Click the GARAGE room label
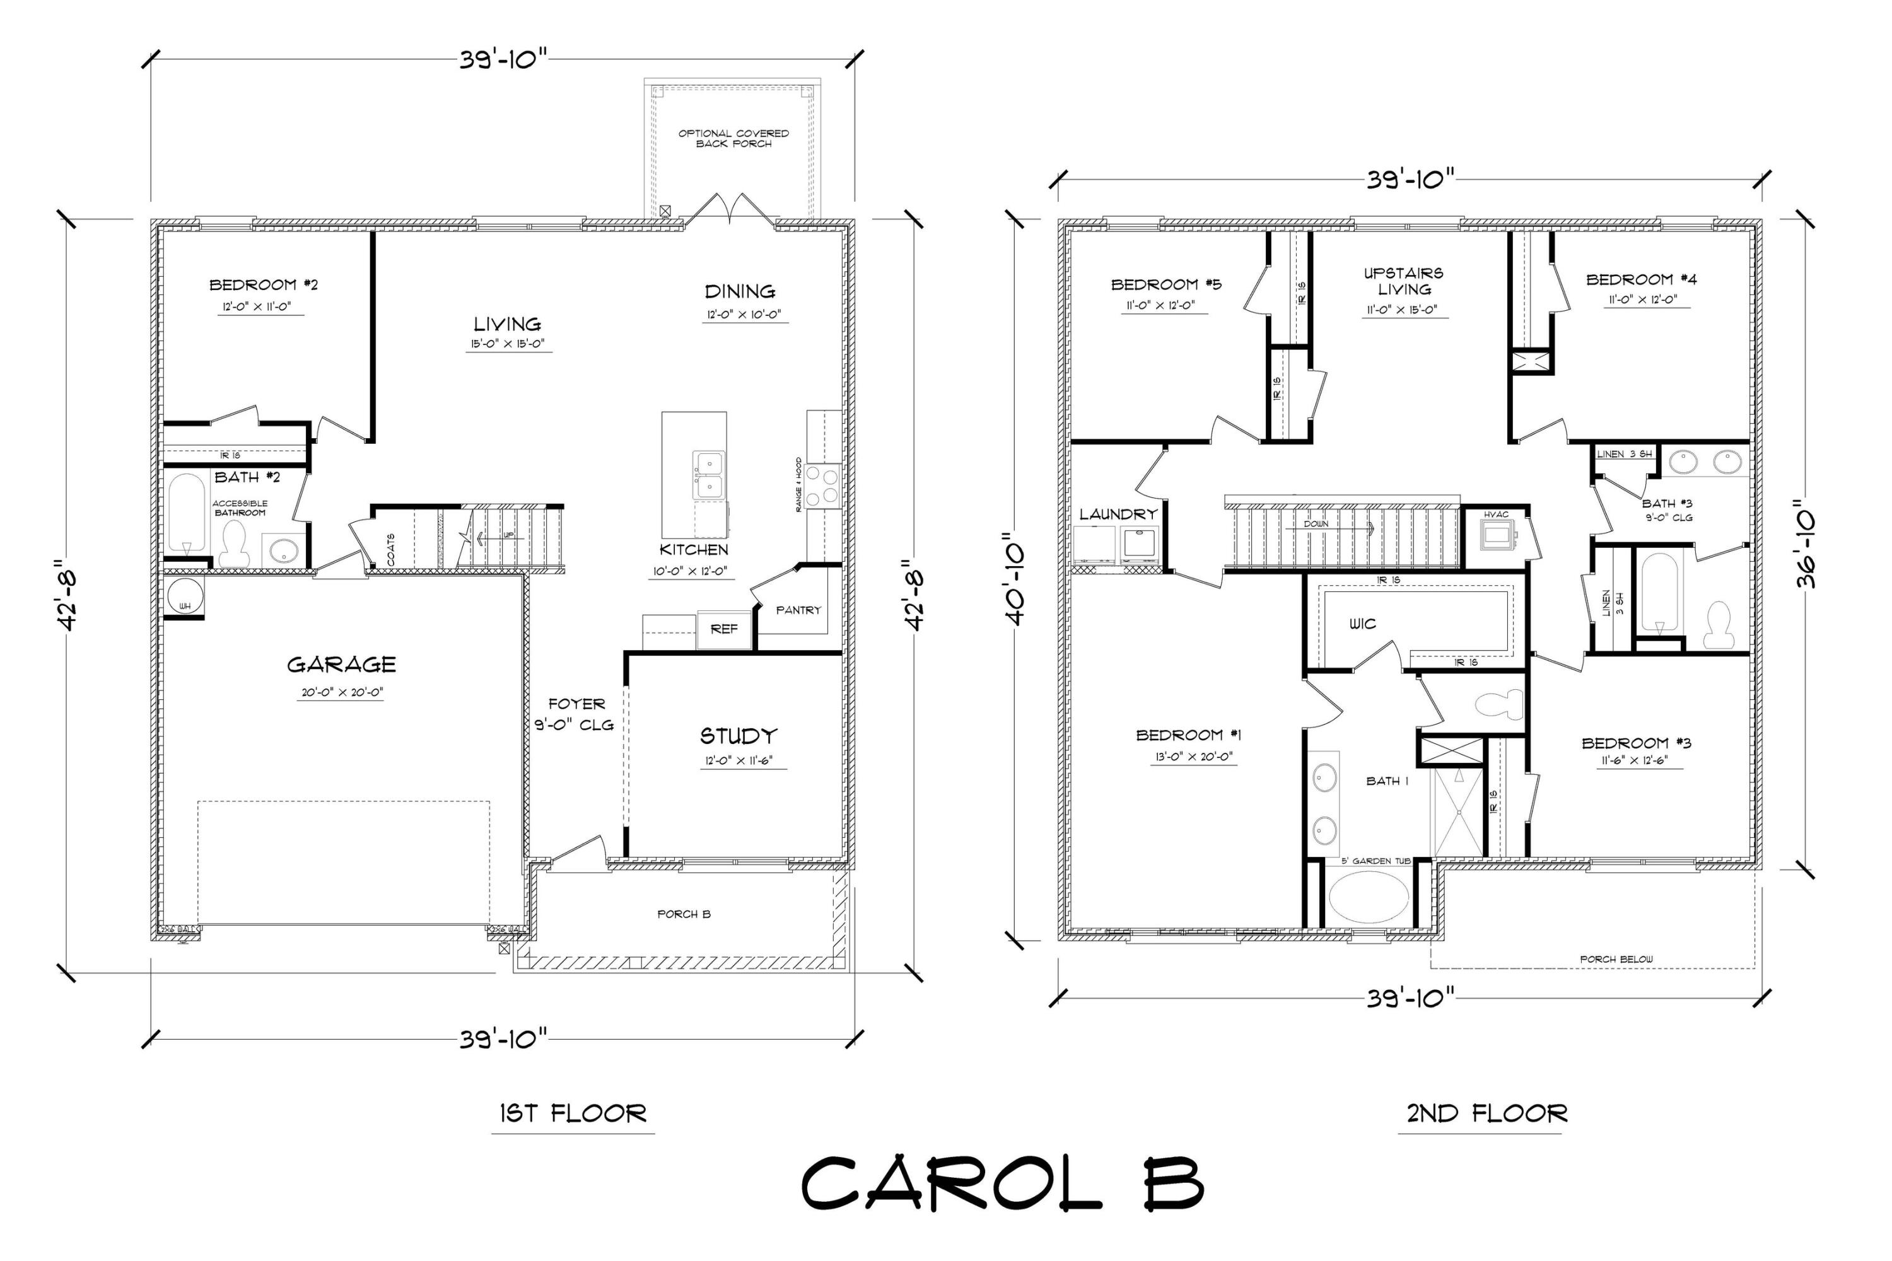[x=341, y=665]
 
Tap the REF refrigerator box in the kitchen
[x=723, y=629]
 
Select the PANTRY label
[x=797, y=610]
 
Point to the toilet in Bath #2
[x=233, y=543]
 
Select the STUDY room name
[x=738, y=736]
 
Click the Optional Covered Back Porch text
[x=733, y=138]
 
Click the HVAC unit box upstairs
[x=1497, y=532]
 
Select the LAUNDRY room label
[x=1118, y=514]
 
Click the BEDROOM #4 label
[x=1641, y=280]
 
